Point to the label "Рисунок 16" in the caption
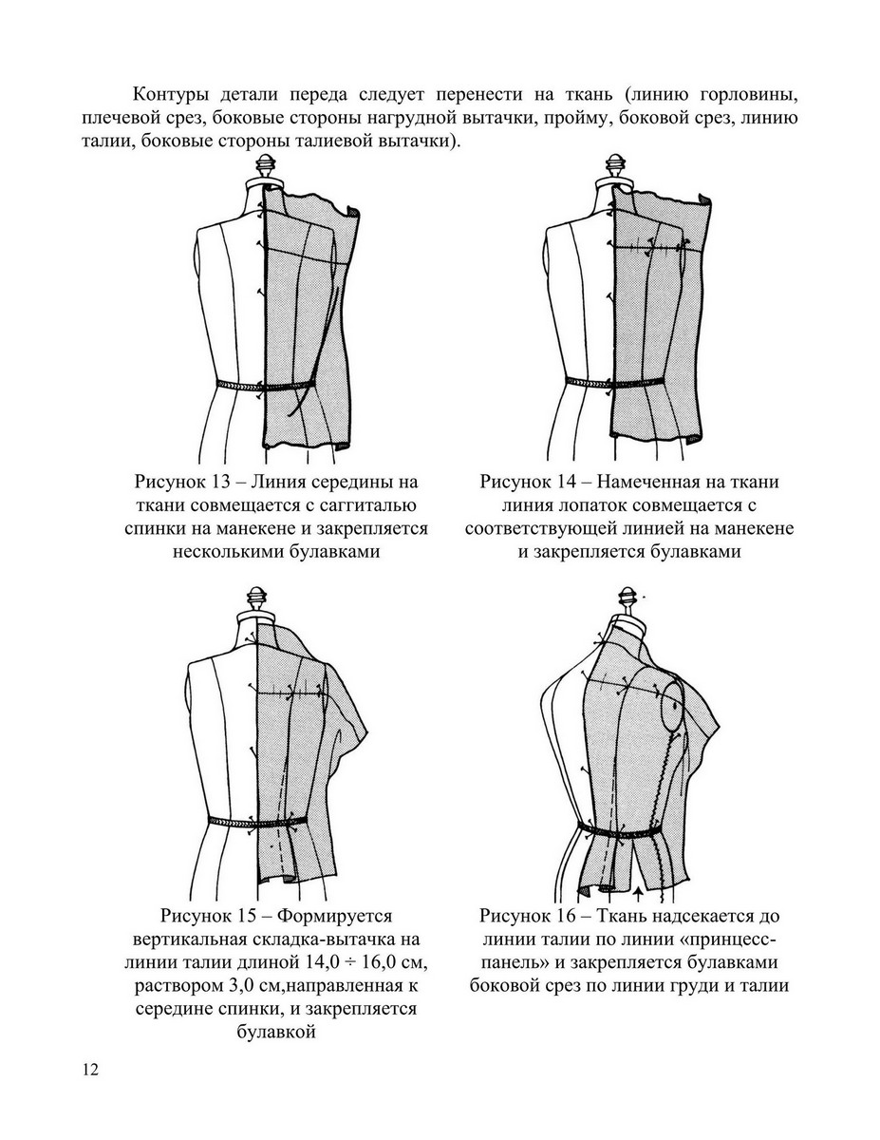click(x=520, y=917)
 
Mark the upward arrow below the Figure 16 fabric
click(x=638, y=895)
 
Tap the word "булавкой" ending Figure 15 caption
click(x=275, y=1032)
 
